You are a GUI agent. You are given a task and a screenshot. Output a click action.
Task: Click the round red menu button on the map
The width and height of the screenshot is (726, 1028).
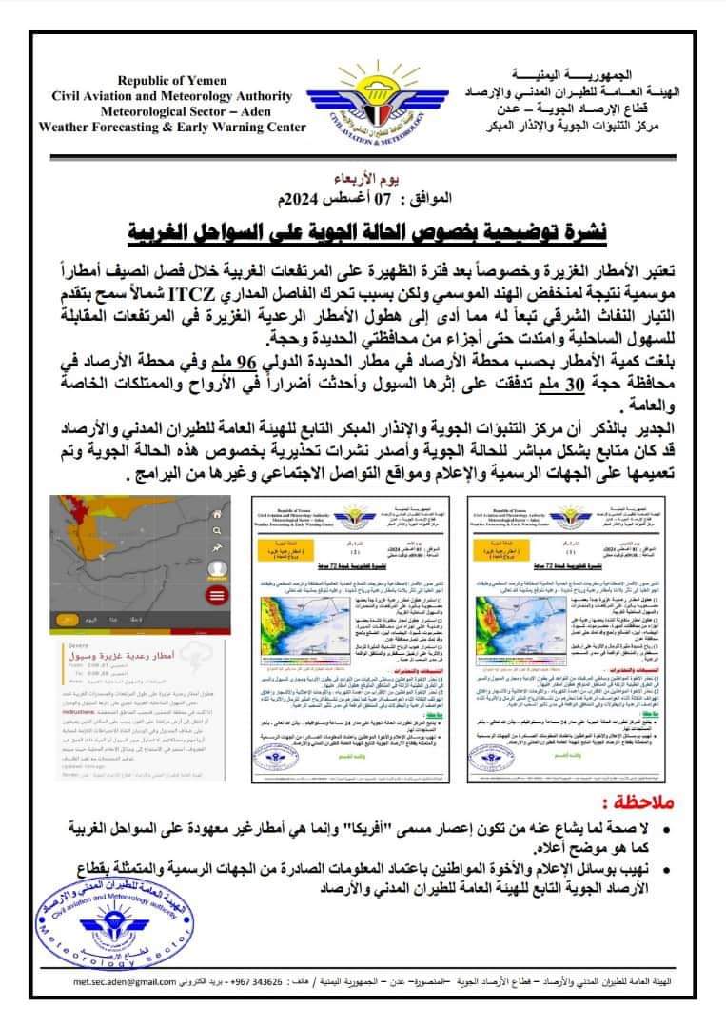(217, 594)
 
